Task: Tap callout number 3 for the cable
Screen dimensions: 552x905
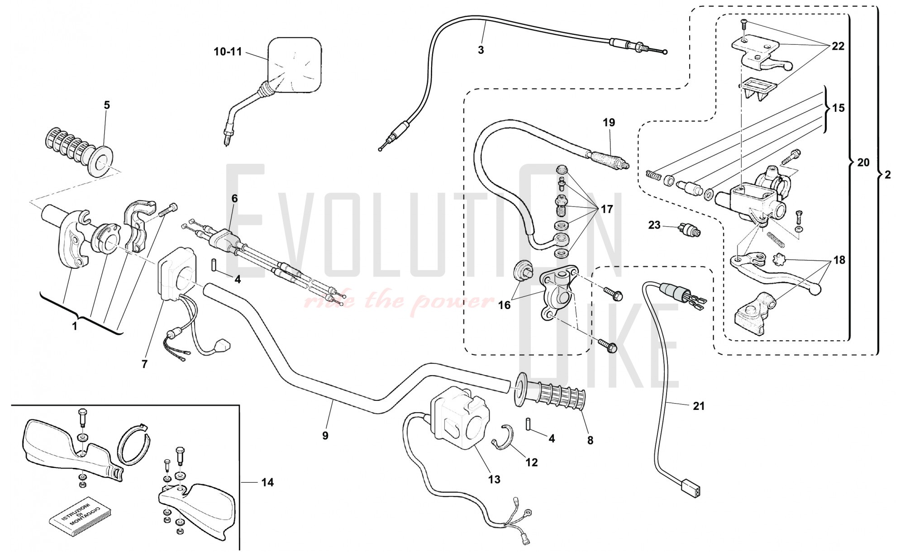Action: point(481,50)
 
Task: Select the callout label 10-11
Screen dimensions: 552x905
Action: point(228,52)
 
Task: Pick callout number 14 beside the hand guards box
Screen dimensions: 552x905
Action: point(267,482)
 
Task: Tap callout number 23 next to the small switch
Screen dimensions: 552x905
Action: point(654,225)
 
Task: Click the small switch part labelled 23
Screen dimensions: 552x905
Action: point(689,230)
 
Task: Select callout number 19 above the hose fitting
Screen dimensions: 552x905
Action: point(609,123)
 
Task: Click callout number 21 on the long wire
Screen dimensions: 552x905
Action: point(699,406)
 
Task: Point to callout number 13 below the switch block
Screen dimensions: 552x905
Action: point(494,479)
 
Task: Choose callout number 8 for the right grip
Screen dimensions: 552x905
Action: point(590,440)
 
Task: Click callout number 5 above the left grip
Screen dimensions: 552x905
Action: point(107,105)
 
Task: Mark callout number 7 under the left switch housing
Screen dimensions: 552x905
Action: point(144,364)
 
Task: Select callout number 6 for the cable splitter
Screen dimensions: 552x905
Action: point(234,199)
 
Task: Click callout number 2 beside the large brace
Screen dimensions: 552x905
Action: point(887,175)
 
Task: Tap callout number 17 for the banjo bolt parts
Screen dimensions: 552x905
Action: point(606,209)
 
